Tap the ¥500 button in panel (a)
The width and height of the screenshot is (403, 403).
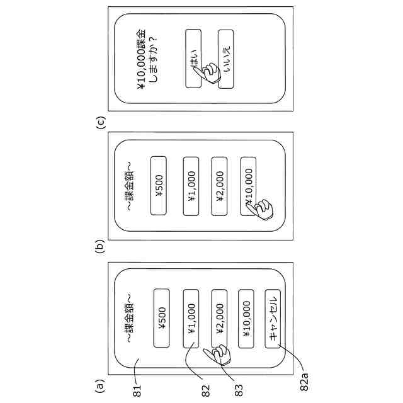(x=161, y=318)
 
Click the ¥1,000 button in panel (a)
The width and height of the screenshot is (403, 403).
(x=191, y=318)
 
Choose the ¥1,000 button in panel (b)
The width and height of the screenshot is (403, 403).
(x=191, y=184)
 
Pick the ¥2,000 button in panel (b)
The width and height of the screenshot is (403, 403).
(x=219, y=184)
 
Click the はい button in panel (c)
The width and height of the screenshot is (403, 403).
(x=194, y=58)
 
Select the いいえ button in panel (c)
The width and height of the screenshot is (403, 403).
(x=225, y=58)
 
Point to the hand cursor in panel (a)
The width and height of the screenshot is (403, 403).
(x=222, y=356)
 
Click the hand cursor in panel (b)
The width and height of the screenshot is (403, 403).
(x=259, y=210)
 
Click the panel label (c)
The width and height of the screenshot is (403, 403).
(x=100, y=120)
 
